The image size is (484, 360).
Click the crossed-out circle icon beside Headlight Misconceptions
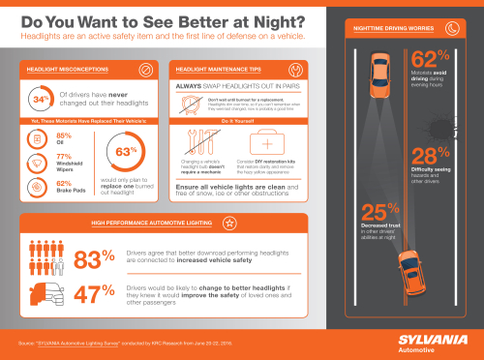[x=144, y=71]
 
